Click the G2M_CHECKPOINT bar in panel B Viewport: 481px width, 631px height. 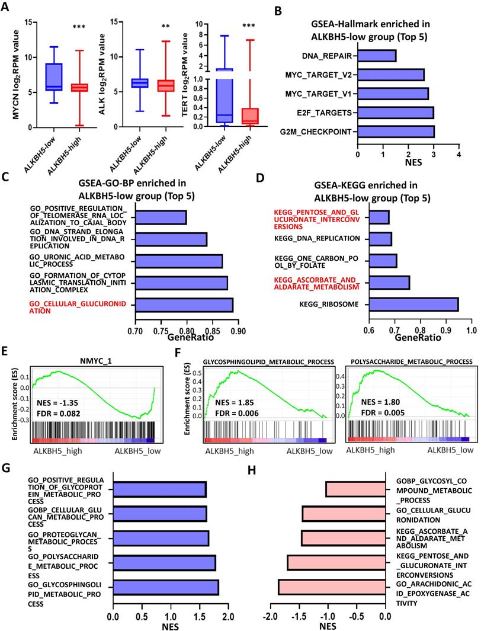click(396, 131)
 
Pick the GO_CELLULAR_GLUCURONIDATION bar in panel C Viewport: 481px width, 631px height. click(184, 305)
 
